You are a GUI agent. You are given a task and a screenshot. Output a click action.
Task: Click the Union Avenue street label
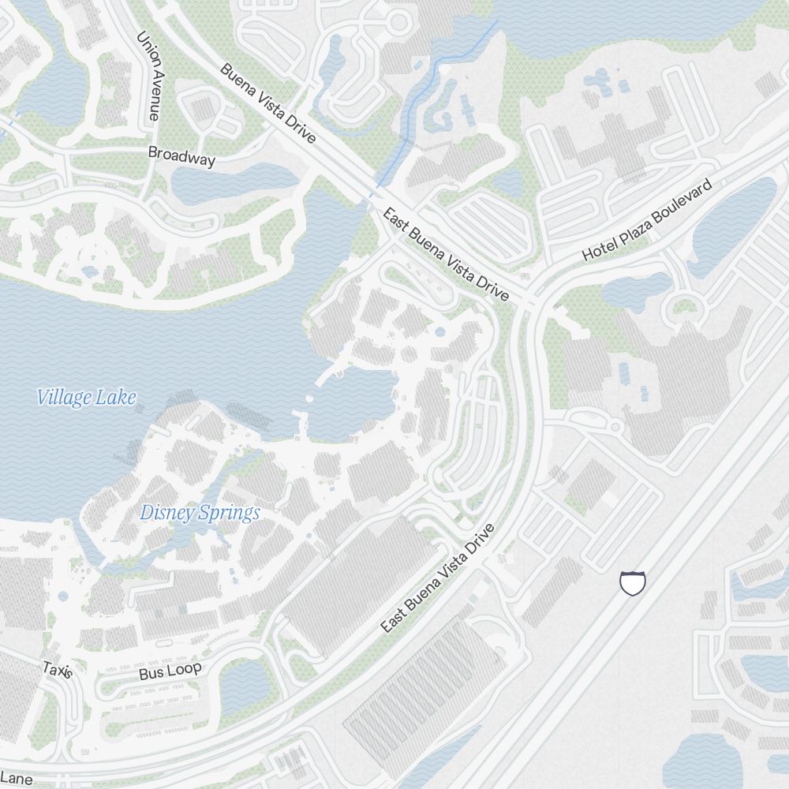(148, 76)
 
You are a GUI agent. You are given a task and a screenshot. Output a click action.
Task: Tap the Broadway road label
(181, 156)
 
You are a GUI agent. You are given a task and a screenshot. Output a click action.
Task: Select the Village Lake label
(86, 397)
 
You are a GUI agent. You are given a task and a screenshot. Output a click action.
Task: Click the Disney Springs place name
(200, 513)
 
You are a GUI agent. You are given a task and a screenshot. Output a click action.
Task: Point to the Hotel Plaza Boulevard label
(647, 220)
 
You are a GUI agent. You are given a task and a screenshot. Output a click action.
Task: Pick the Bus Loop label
(170, 671)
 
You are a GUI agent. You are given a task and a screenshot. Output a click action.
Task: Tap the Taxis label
(58, 671)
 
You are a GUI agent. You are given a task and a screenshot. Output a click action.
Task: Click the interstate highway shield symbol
(633, 583)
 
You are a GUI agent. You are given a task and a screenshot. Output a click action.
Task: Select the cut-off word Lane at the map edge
(16, 779)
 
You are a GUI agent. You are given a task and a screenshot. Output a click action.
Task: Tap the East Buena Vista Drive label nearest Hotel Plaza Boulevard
(445, 254)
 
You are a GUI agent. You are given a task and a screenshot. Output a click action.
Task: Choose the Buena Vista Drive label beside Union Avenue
(267, 103)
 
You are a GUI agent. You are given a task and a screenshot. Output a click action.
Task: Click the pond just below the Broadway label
(229, 183)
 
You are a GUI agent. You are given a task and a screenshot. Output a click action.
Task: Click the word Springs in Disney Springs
(230, 514)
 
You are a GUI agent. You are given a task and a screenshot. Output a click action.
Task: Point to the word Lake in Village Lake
(115, 397)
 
